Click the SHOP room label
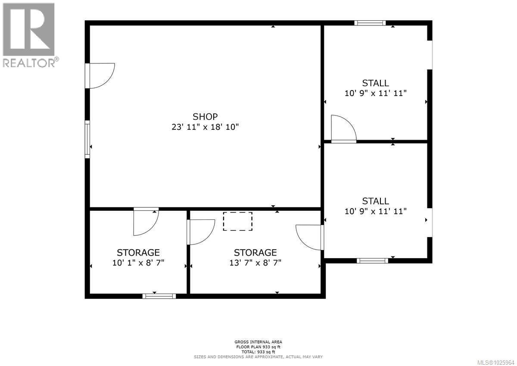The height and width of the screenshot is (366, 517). tap(205, 116)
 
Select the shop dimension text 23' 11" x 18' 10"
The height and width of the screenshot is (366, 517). tap(205, 127)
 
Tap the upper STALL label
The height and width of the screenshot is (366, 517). tap(375, 83)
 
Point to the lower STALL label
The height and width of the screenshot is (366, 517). tap(375, 201)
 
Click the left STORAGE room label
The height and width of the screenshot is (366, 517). tap(138, 252)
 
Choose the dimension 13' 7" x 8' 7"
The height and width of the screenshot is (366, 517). tap(255, 263)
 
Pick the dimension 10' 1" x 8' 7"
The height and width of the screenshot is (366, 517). tap(138, 263)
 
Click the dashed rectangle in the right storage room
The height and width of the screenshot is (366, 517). tap(237, 221)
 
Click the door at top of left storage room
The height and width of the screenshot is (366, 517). tap(146, 222)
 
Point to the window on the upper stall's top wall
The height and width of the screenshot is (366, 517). tap(370, 23)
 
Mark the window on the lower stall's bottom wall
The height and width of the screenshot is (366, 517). tap(372, 260)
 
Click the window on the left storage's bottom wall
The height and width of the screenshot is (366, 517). tap(159, 296)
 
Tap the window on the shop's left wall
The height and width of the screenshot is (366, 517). tap(87, 139)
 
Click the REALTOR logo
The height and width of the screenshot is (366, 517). tap(29, 34)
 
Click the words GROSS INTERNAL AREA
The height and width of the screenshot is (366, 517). tap(258, 342)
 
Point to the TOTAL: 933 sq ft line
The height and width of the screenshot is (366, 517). tap(258, 352)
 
